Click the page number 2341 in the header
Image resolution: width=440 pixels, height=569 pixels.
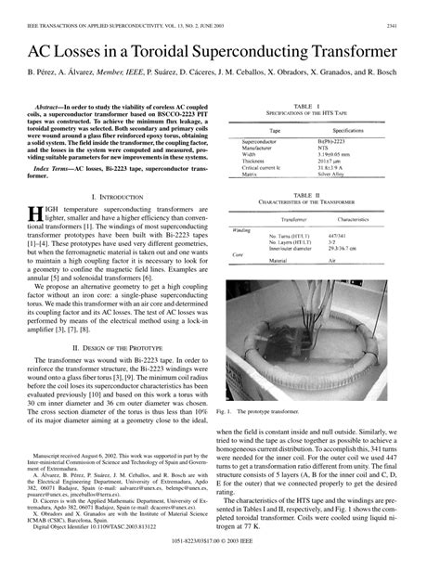[418, 11]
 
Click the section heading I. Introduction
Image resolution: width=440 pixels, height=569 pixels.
[114, 197]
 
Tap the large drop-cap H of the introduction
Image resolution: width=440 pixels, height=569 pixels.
[34, 216]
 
